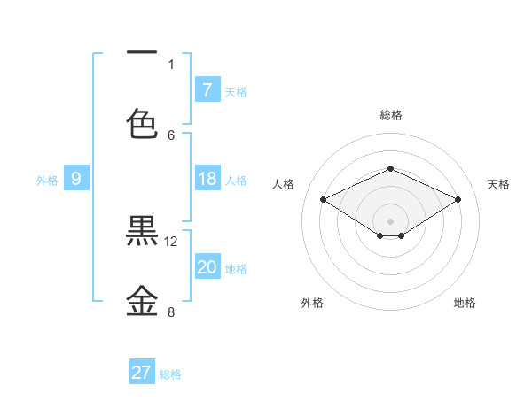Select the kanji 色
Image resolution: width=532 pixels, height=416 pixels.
(142, 123)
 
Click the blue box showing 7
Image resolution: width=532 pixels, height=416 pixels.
(207, 89)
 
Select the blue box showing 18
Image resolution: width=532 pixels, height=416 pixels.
(207, 179)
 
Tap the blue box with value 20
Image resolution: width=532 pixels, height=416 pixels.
(207, 267)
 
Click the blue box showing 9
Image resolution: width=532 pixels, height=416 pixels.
(76, 179)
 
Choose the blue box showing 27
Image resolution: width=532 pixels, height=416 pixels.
(142, 373)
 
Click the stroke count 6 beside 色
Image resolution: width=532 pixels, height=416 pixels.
(171, 135)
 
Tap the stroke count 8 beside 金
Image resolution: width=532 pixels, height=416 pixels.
(171, 312)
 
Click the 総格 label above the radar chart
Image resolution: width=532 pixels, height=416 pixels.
(390, 115)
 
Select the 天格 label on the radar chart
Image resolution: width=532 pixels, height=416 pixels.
(498, 184)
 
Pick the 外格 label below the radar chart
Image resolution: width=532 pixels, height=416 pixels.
(312, 303)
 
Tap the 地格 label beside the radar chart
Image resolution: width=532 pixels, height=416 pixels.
(465, 303)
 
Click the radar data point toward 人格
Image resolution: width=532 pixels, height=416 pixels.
(323, 200)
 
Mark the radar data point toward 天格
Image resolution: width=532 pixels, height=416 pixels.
(458, 200)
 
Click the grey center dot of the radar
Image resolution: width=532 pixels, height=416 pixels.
(390, 220)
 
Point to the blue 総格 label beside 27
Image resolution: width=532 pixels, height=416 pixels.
(170, 374)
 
